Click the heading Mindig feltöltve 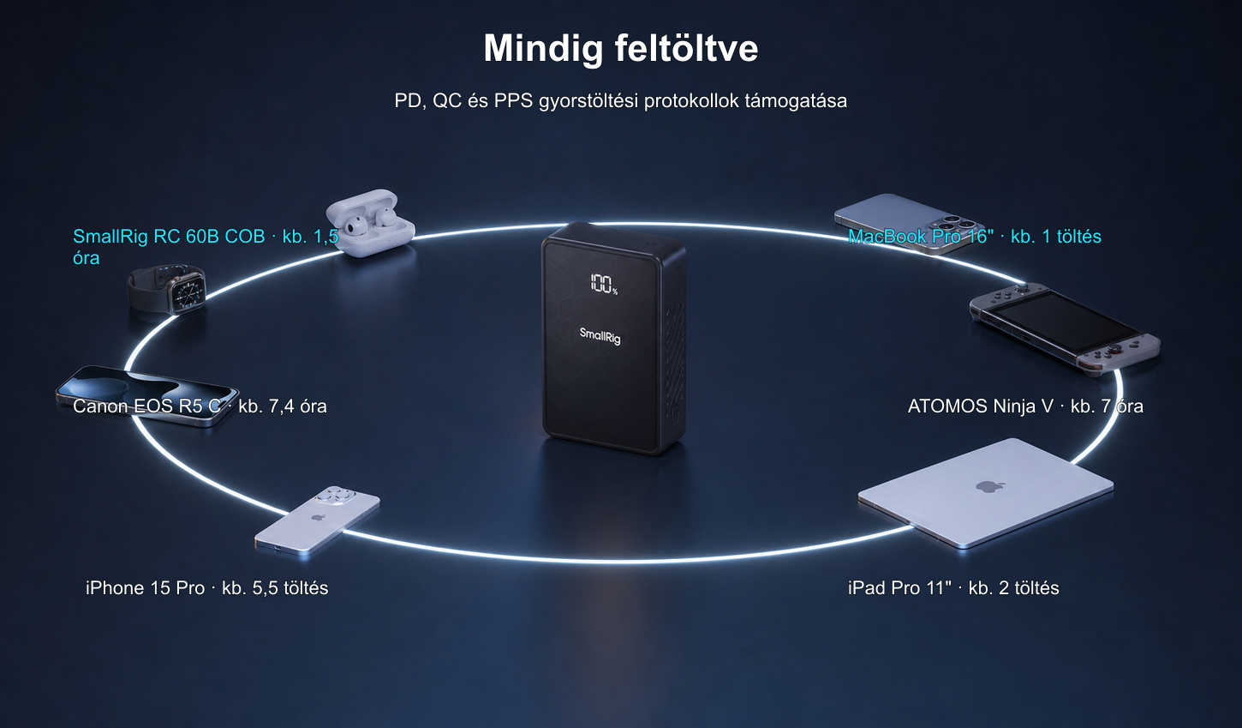tap(620, 48)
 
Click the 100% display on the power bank tap(604, 284)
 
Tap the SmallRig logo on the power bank tap(600, 335)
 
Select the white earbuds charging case tap(370, 222)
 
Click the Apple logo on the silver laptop tap(991, 487)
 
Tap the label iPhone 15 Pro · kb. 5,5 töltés tap(206, 587)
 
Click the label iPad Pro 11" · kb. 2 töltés tap(953, 587)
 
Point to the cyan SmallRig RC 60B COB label tap(206, 247)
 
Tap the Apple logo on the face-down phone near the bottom tap(318, 517)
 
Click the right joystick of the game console tap(1108, 350)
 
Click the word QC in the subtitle tap(447, 100)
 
